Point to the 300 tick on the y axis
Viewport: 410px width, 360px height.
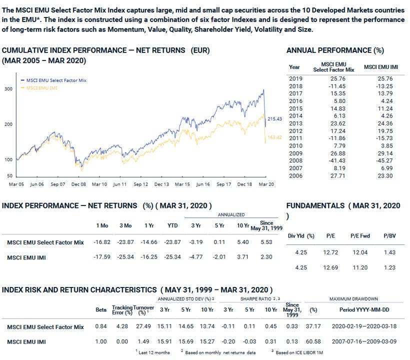pyautogui.click(x=8, y=89)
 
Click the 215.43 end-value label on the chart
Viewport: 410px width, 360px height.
pyautogui.click(x=275, y=118)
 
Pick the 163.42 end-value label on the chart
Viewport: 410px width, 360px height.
pyautogui.click(x=275, y=137)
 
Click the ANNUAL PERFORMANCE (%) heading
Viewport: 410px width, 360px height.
pyautogui.click(x=335, y=50)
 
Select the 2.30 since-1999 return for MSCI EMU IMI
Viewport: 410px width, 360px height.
pyautogui.click(x=266, y=257)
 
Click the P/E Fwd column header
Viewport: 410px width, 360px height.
pyautogui.click(x=359, y=235)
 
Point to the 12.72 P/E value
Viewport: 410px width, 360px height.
pyautogui.click(x=330, y=252)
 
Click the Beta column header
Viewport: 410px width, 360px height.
pyautogui.click(x=100, y=310)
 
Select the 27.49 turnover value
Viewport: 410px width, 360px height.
pyautogui.click(x=143, y=326)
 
